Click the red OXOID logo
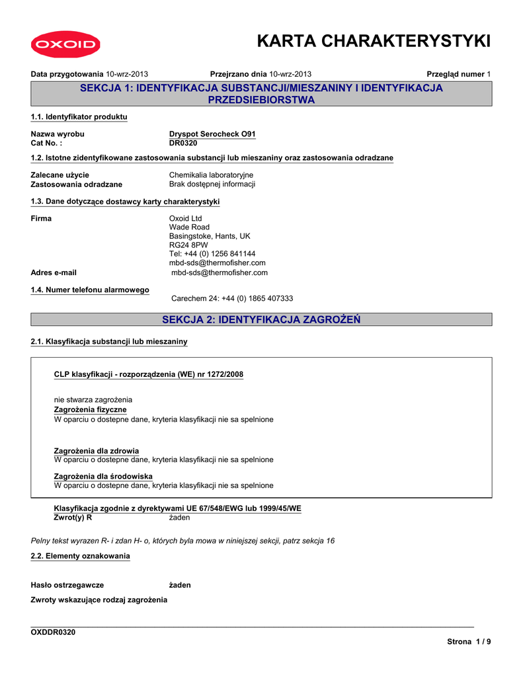click(x=64, y=45)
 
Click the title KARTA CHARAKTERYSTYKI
click(x=374, y=41)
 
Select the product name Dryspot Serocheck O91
click(x=212, y=134)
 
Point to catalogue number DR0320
click(x=183, y=143)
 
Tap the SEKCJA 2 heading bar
click(x=261, y=320)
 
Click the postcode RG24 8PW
click(x=188, y=245)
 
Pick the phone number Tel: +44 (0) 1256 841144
click(x=212, y=254)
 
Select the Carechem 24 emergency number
click(x=232, y=299)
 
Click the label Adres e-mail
click(x=54, y=272)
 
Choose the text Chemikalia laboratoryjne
click(x=211, y=175)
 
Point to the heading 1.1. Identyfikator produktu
click(x=79, y=117)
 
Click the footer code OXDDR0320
click(x=54, y=633)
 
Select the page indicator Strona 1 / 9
click(x=469, y=642)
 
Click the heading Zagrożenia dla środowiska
click(x=103, y=476)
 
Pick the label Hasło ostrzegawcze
click(x=67, y=585)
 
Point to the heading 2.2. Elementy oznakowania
click(x=81, y=556)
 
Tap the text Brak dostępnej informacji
click(x=212, y=184)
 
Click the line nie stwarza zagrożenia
click(x=93, y=400)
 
